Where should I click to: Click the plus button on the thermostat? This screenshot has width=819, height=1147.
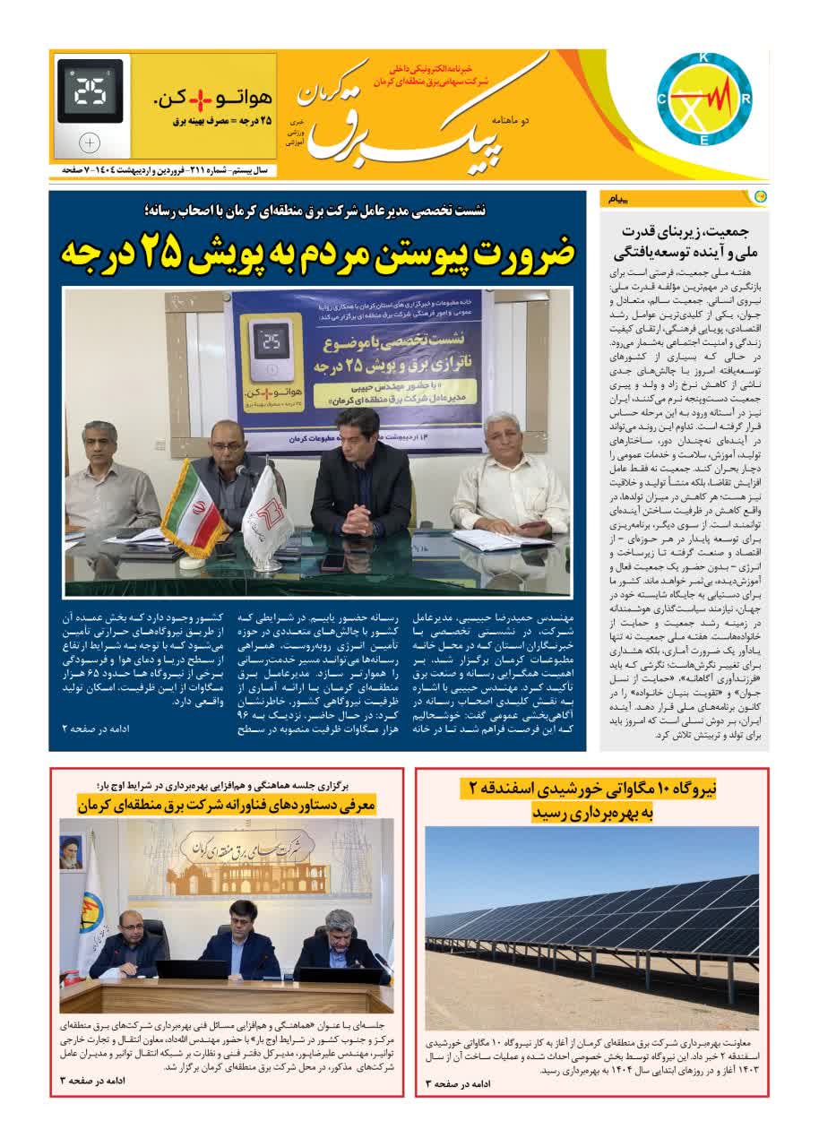90,142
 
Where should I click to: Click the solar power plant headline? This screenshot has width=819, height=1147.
591,800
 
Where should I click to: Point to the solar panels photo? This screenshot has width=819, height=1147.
591,927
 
